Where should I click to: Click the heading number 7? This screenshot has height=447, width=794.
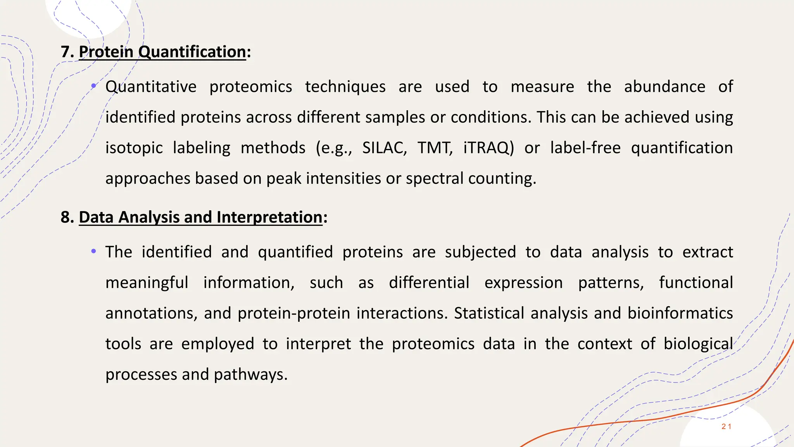click(66, 52)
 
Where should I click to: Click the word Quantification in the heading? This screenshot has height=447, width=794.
click(192, 52)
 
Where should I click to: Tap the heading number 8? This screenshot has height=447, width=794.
click(66, 217)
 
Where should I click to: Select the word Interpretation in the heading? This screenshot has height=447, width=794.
click(269, 217)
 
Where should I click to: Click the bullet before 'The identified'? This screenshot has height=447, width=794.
click(93, 252)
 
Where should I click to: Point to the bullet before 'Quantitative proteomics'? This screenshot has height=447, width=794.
click(93, 86)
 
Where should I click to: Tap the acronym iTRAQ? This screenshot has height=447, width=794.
click(488, 148)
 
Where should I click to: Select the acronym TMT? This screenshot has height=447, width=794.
click(434, 148)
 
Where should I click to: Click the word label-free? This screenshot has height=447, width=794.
click(585, 148)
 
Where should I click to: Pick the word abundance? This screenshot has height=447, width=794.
click(665, 87)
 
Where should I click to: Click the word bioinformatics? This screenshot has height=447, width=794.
click(680, 314)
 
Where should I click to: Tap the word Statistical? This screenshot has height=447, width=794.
click(489, 314)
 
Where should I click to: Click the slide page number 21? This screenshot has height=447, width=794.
click(726, 426)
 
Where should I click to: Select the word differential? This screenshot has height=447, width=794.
click(429, 283)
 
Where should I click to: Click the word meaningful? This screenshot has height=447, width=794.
click(147, 283)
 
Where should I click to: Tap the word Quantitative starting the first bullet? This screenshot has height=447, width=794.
click(151, 87)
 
